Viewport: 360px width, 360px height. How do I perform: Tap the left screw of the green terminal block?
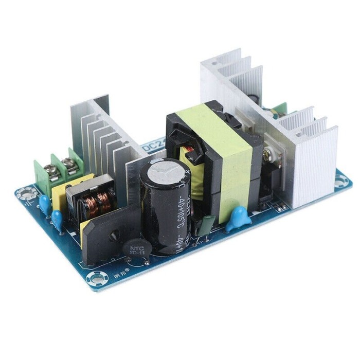coord(53,165)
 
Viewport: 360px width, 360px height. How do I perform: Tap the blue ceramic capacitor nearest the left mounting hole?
coord(45,202)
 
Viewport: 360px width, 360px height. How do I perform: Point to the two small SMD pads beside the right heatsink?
coord(281,207)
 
